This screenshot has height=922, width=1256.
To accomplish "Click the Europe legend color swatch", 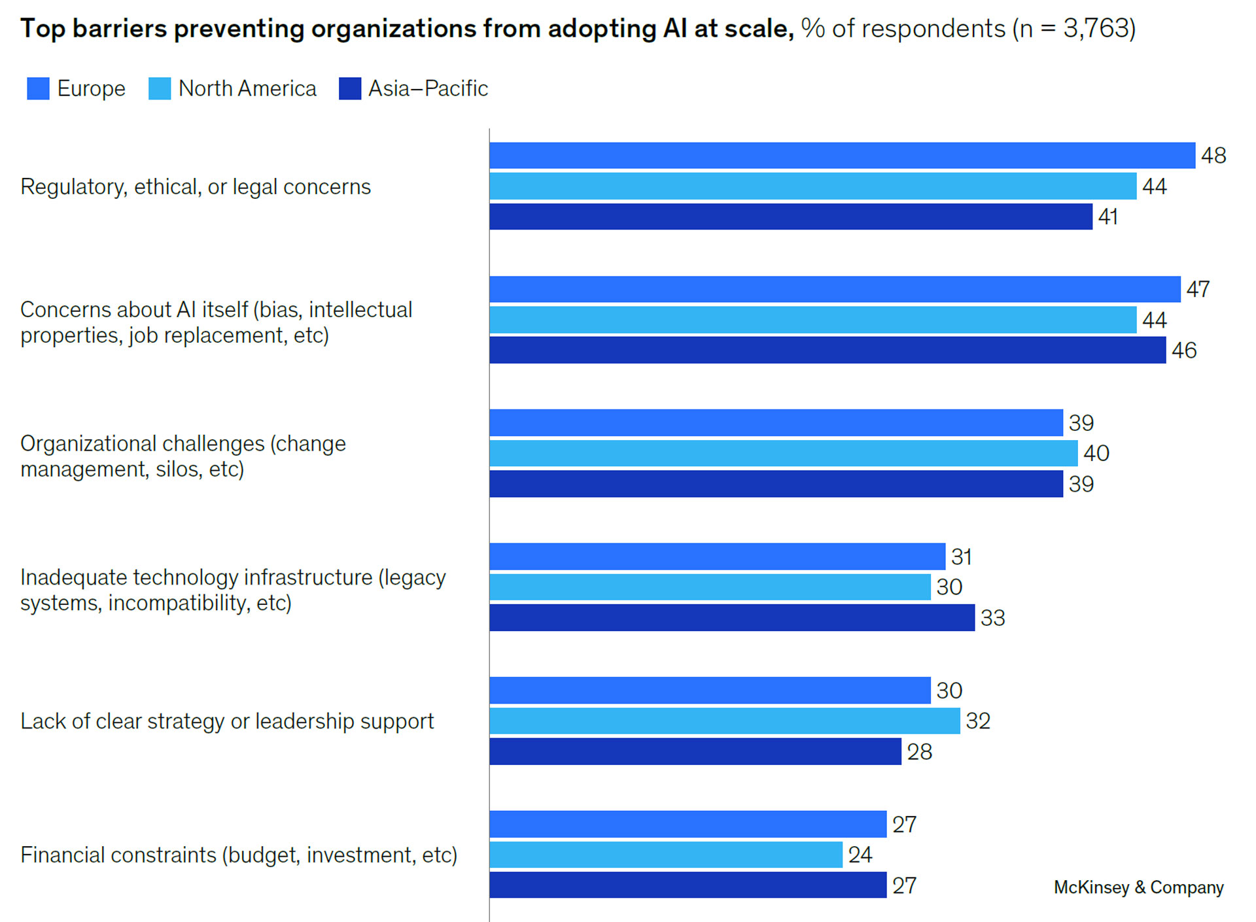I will pyautogui.click(x=38, y=88).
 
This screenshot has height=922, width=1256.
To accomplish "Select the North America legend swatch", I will pyautogui.click(x=160, y=88).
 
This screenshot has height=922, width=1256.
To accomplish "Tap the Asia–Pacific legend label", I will pyautogui.click(x=428, y=88).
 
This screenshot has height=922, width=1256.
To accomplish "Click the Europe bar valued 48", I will pyautogui.click(x=842, y=156).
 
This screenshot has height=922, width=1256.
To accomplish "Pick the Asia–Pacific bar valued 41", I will pyautogui.click(x=790, y=216).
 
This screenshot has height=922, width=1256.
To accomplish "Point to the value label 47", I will pyautogui.click(x=1198, y=289).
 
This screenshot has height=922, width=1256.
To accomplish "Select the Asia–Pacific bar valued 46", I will pyautogui.click(x=827, y=350).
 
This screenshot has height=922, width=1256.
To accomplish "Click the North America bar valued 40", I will pyautogui.click(x=783, y=453).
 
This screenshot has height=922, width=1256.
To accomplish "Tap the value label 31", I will pyautogui.click(x=961, y=556).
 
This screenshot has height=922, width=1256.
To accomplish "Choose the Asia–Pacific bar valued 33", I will pyautogui.click(x=731, y=617).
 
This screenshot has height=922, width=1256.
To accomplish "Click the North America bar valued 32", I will pyautogui.click(x=724, y=721).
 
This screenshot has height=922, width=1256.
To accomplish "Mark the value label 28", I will pyautogui.click(x=919, y=752).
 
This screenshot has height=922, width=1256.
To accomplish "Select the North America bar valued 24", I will pyautogui.click(x=665, y=855).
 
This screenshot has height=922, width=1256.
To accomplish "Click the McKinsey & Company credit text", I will pyautogui.click(x=1138, y=887).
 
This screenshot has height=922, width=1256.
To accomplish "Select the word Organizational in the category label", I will pyautogui.click(x=88, y=444).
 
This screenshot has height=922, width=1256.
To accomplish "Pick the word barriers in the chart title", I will pyautogui.click(x=120, y=29).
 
